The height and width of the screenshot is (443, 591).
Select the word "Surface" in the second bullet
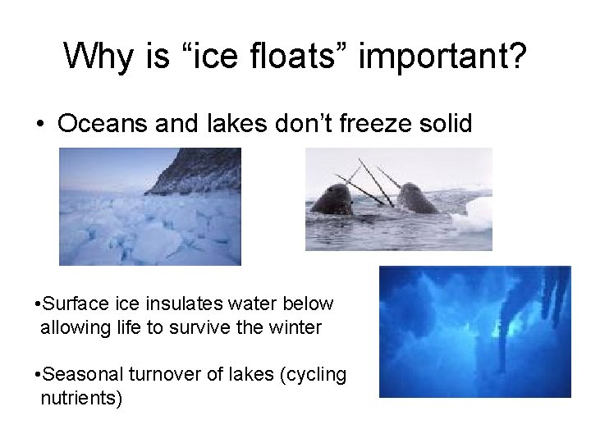(73, 304)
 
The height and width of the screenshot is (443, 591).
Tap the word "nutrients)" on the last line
(80, 399)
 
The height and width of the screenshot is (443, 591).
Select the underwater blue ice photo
(474, 331)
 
